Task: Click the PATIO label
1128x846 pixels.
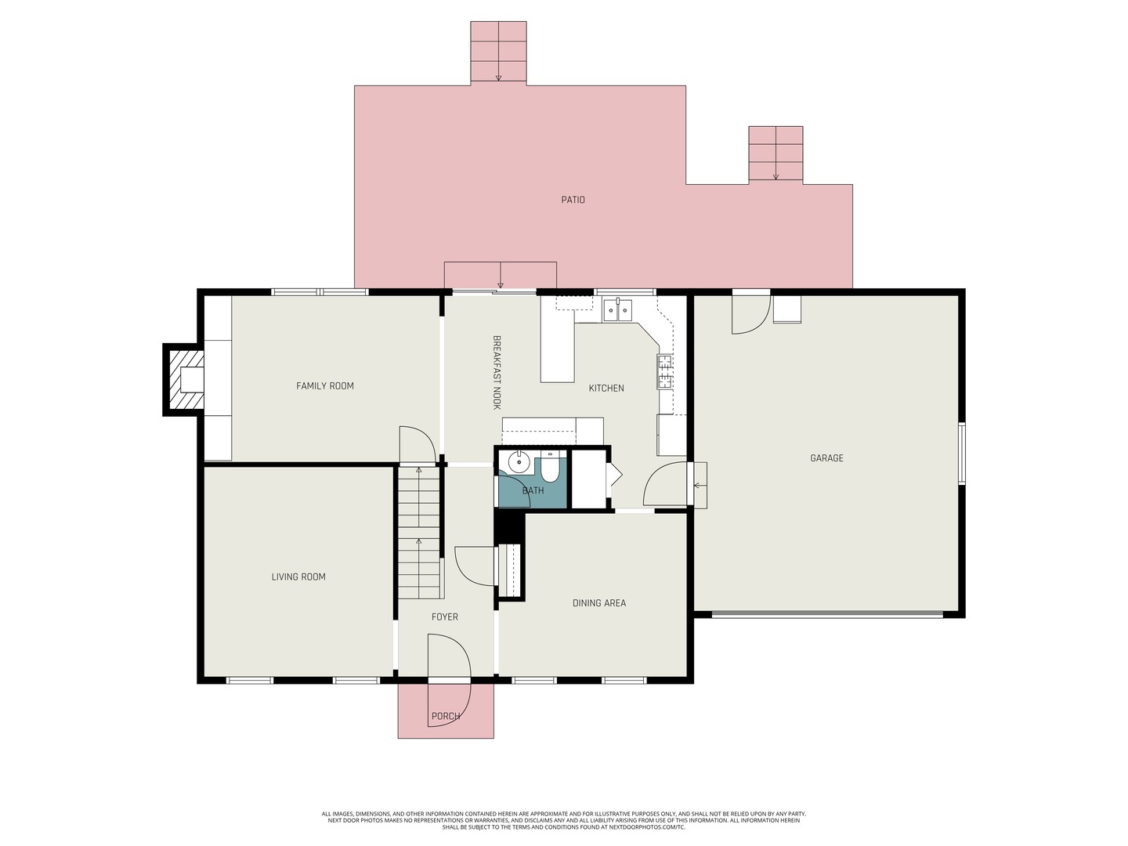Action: pyautogui.click(x=573, y=200)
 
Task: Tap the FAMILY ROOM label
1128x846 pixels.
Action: pyautogui.click(x=325, y=385)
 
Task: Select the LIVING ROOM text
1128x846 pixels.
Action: pyautogui.click(x=298, y=577)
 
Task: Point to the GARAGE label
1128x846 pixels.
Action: pyautogui.click(x=826, y=458)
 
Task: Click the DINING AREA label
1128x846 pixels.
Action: pyautogui.click(x=599, y=603)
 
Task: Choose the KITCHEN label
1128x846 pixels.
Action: pyautogui.click(x=606, y=389)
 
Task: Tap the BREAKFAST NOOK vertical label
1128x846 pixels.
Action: pyautogui.click(x=497, y=372)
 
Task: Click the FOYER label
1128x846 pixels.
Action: pyautogui.click(x=444, y=617)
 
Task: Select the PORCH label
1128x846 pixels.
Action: pyautogui.click(x=446, y=716)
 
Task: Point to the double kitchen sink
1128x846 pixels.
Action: pyautogui.click(x=618, y=310)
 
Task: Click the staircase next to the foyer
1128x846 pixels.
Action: pyautogui.click(x=419, y=532)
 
